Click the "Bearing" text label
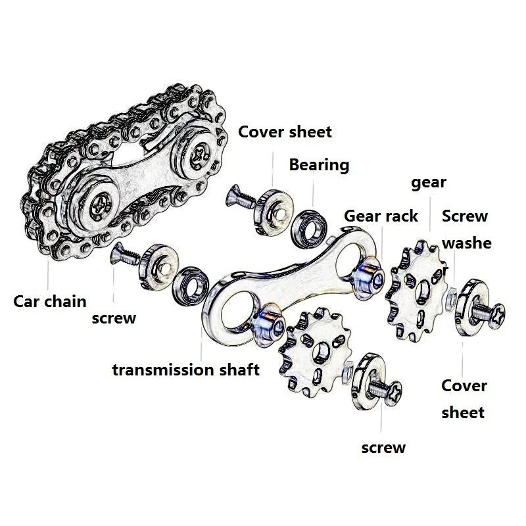[x=319, y=164]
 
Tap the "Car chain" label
[x=50, y=302]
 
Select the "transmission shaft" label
[x=185, y=370]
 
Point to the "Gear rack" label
[x=381, y=216]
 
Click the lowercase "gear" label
[x=429, y=182]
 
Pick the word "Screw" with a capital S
[x=464, y=216]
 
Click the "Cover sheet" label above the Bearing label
[x=285, y=131]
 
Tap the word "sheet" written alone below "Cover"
[x=462, y=413]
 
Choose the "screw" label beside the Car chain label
[x=114, y=318]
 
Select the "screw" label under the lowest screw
[x=383, y=448]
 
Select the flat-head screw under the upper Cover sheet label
[x=237, y=197]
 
